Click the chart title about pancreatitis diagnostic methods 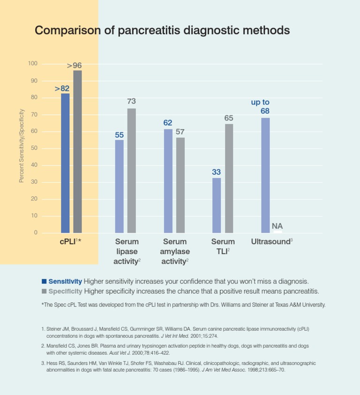pos(162,31)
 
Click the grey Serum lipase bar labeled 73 pos(132,171)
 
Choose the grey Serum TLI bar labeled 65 pos(229,178)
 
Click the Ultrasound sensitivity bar pos(265,175)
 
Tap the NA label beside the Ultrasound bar pos(277,226)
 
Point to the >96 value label pos(75,66)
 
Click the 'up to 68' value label pos(261,106)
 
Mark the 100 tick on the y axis pos(33,64)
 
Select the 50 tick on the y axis pos(34,149)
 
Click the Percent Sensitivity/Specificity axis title pos(22,146)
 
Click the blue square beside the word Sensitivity pos(44,282)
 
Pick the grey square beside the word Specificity pos(44,291)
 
